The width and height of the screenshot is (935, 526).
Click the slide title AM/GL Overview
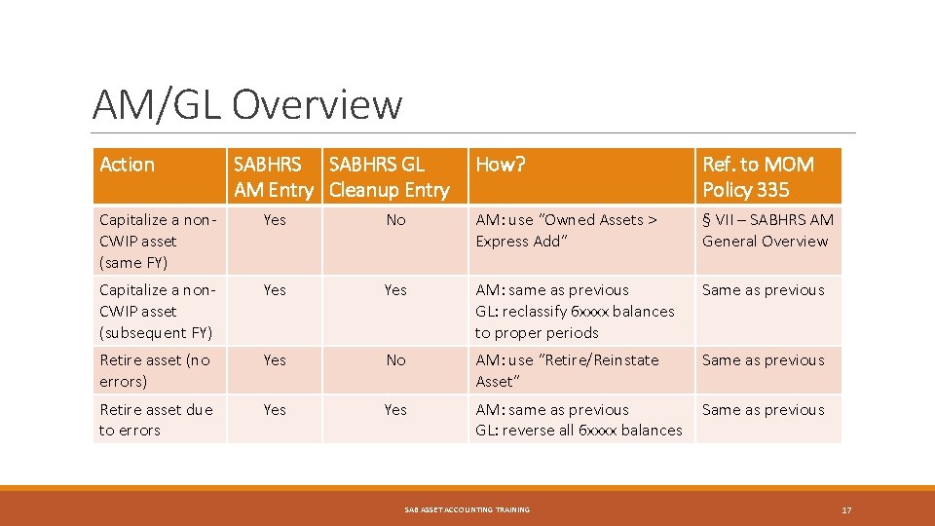246,104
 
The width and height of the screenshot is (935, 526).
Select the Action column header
128,165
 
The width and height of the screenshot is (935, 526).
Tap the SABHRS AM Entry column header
274,177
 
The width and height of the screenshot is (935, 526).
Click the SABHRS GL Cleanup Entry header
390,177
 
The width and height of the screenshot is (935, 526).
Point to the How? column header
501,165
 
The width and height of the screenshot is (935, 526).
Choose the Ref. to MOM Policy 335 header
759,177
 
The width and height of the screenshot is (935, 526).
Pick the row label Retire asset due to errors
155,420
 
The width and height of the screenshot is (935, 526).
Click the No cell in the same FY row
395,220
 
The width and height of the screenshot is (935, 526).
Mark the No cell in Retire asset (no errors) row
395,360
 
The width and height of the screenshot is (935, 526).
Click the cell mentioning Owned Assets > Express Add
566,231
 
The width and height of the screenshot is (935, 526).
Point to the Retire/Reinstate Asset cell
567,370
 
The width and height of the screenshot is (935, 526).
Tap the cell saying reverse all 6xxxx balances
579,420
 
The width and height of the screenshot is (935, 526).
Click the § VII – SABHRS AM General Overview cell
767,231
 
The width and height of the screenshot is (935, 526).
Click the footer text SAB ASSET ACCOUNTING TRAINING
467,509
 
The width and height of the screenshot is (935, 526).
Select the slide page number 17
846,509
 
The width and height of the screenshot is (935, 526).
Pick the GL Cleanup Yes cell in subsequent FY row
395,290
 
